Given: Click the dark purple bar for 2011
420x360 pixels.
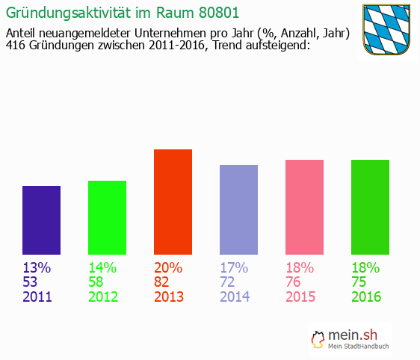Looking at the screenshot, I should [x=42, y=220].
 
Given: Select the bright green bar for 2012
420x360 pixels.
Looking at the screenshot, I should [x=107, y=217].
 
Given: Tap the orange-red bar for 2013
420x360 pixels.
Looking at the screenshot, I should [x=173, y=202].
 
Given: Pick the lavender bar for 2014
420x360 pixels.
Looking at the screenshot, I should [x=238, y=210].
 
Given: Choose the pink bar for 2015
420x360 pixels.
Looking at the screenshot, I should [x=304, y=207].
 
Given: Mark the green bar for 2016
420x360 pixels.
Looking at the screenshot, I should [x=370, y=207].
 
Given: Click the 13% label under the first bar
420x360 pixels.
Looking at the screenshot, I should [x=37, y=268].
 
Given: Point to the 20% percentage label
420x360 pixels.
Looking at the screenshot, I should [x=168, y=268].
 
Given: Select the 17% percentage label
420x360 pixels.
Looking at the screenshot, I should [x=234, y=268].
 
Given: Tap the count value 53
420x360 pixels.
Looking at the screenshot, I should [x=31, y=282].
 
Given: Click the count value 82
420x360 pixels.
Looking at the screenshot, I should [x=163, y=282].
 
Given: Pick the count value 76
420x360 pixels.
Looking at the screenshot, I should [x=294, y=282].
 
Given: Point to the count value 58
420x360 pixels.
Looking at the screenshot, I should [x=97, y=282].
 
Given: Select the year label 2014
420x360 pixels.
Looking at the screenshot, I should [x=235, y=297].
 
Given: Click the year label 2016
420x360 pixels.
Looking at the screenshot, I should [x=366, y=297].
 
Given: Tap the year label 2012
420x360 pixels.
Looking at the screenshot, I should [x=103, y=297].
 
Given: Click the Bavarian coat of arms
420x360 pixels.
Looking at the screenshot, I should [x=386, y=30].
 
